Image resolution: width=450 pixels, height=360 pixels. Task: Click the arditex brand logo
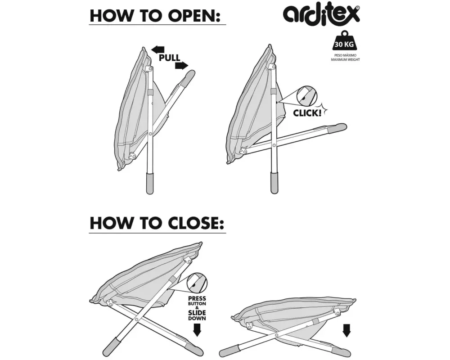coord(321,13)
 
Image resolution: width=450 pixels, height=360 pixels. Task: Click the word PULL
coord(169,58)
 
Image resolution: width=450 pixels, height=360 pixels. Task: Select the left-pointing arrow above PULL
coord(158,49)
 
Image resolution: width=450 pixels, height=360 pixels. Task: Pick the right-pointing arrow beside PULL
coord(181,66)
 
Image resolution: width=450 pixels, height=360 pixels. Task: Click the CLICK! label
coord(308,112)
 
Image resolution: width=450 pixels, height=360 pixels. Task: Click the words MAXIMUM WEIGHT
coord(345,60)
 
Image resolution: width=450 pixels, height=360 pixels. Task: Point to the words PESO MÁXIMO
coord(345,56)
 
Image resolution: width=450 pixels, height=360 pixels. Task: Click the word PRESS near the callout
coord(197,298)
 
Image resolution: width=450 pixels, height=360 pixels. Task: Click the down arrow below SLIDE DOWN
coord(197,330)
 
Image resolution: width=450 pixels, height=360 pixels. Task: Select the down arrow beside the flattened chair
coord(346,330)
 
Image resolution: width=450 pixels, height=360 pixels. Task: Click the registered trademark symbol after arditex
coord(358,8)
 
